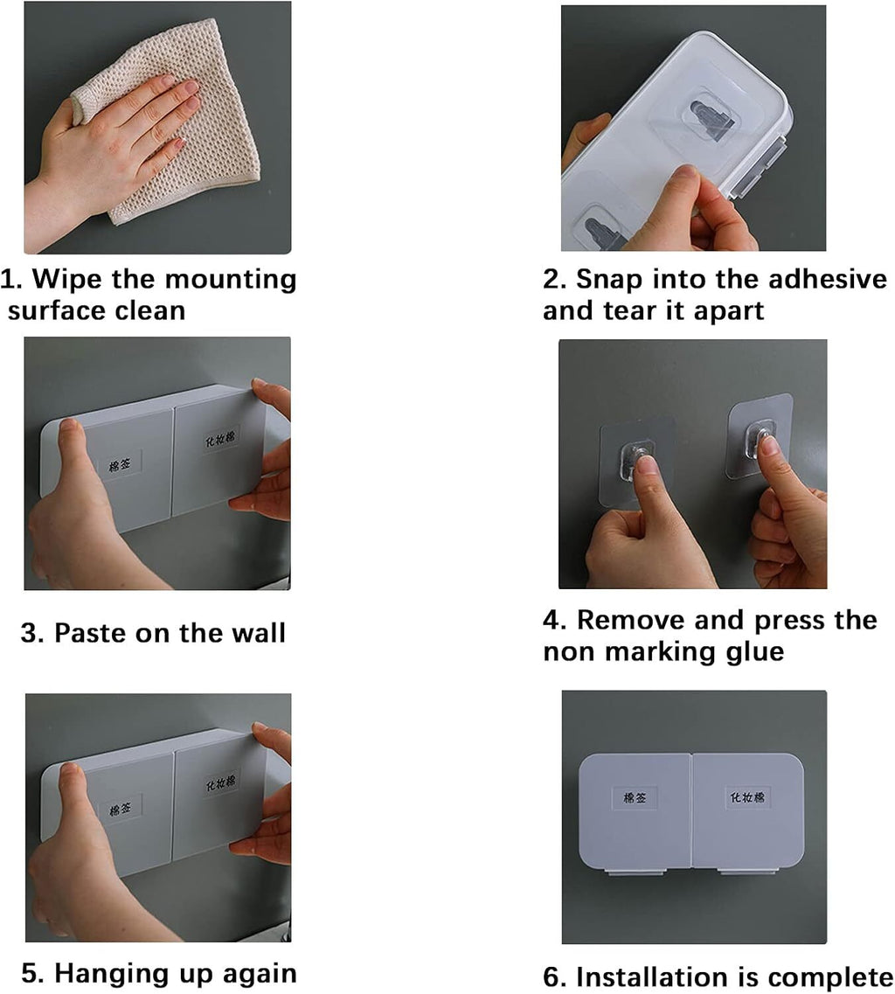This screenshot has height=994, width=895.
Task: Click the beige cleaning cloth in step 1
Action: point(191,127)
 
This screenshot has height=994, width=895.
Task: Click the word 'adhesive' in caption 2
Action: point(827,279)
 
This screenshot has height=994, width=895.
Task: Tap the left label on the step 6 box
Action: point(635,797)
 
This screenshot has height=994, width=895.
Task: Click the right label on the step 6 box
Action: point(746,796)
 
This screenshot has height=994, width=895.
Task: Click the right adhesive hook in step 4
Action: point(760,437)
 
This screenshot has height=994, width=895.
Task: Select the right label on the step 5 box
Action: point(220,783)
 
